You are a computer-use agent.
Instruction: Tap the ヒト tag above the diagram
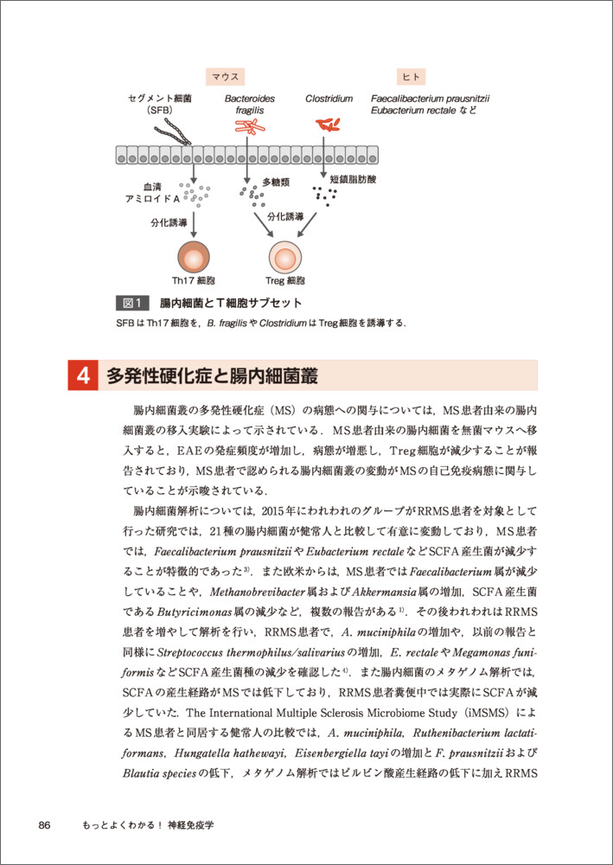(x=411, y=77)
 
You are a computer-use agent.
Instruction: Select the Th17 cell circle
(x=194, y=257)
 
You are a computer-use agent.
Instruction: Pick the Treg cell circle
(x=285, y=257)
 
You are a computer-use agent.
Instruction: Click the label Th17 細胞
(x=193, y=281)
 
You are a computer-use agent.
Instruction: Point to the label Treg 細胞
(x=284, y=281)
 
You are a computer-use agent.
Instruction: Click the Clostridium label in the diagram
(x=329, y=99)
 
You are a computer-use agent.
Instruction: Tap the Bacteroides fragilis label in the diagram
(x=249, y=106)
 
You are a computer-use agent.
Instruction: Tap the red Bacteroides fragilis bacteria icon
(x=251, y=127)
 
